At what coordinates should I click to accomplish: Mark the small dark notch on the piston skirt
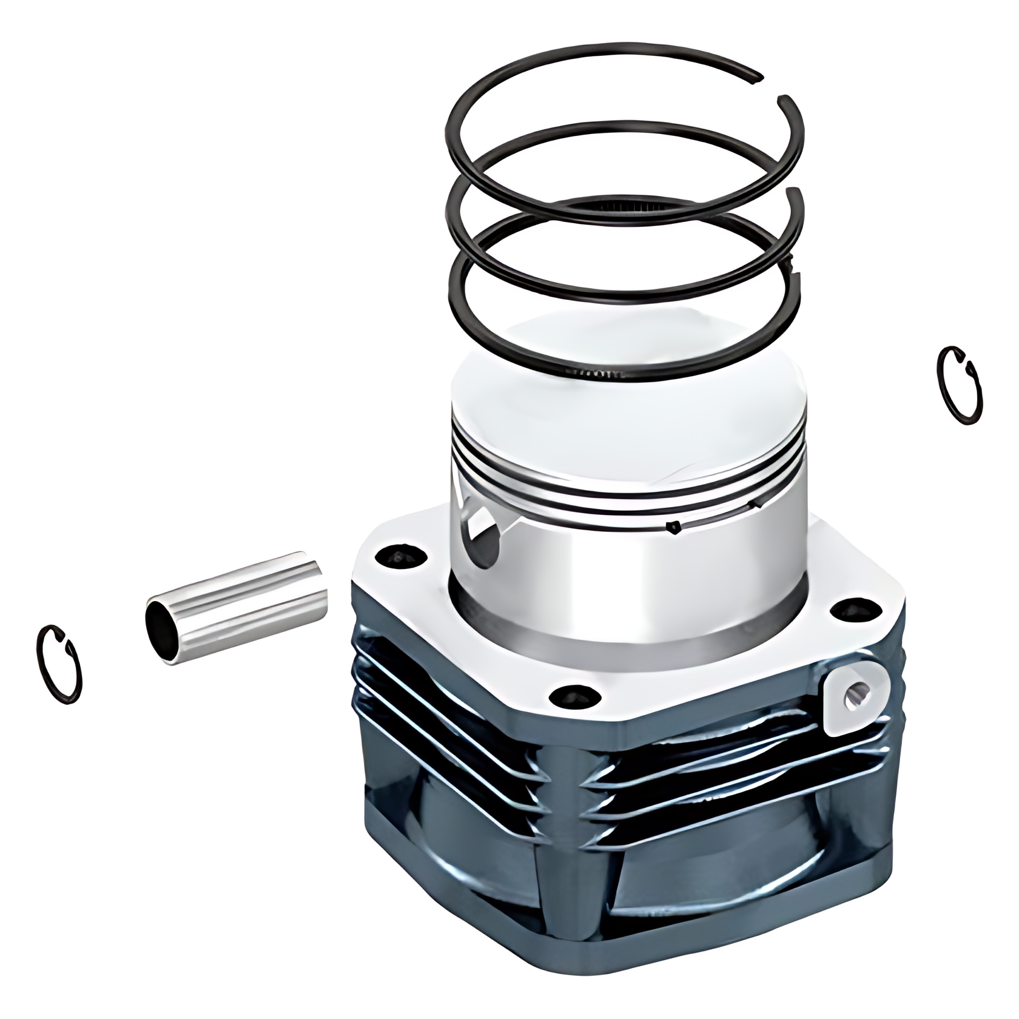point(672,528)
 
